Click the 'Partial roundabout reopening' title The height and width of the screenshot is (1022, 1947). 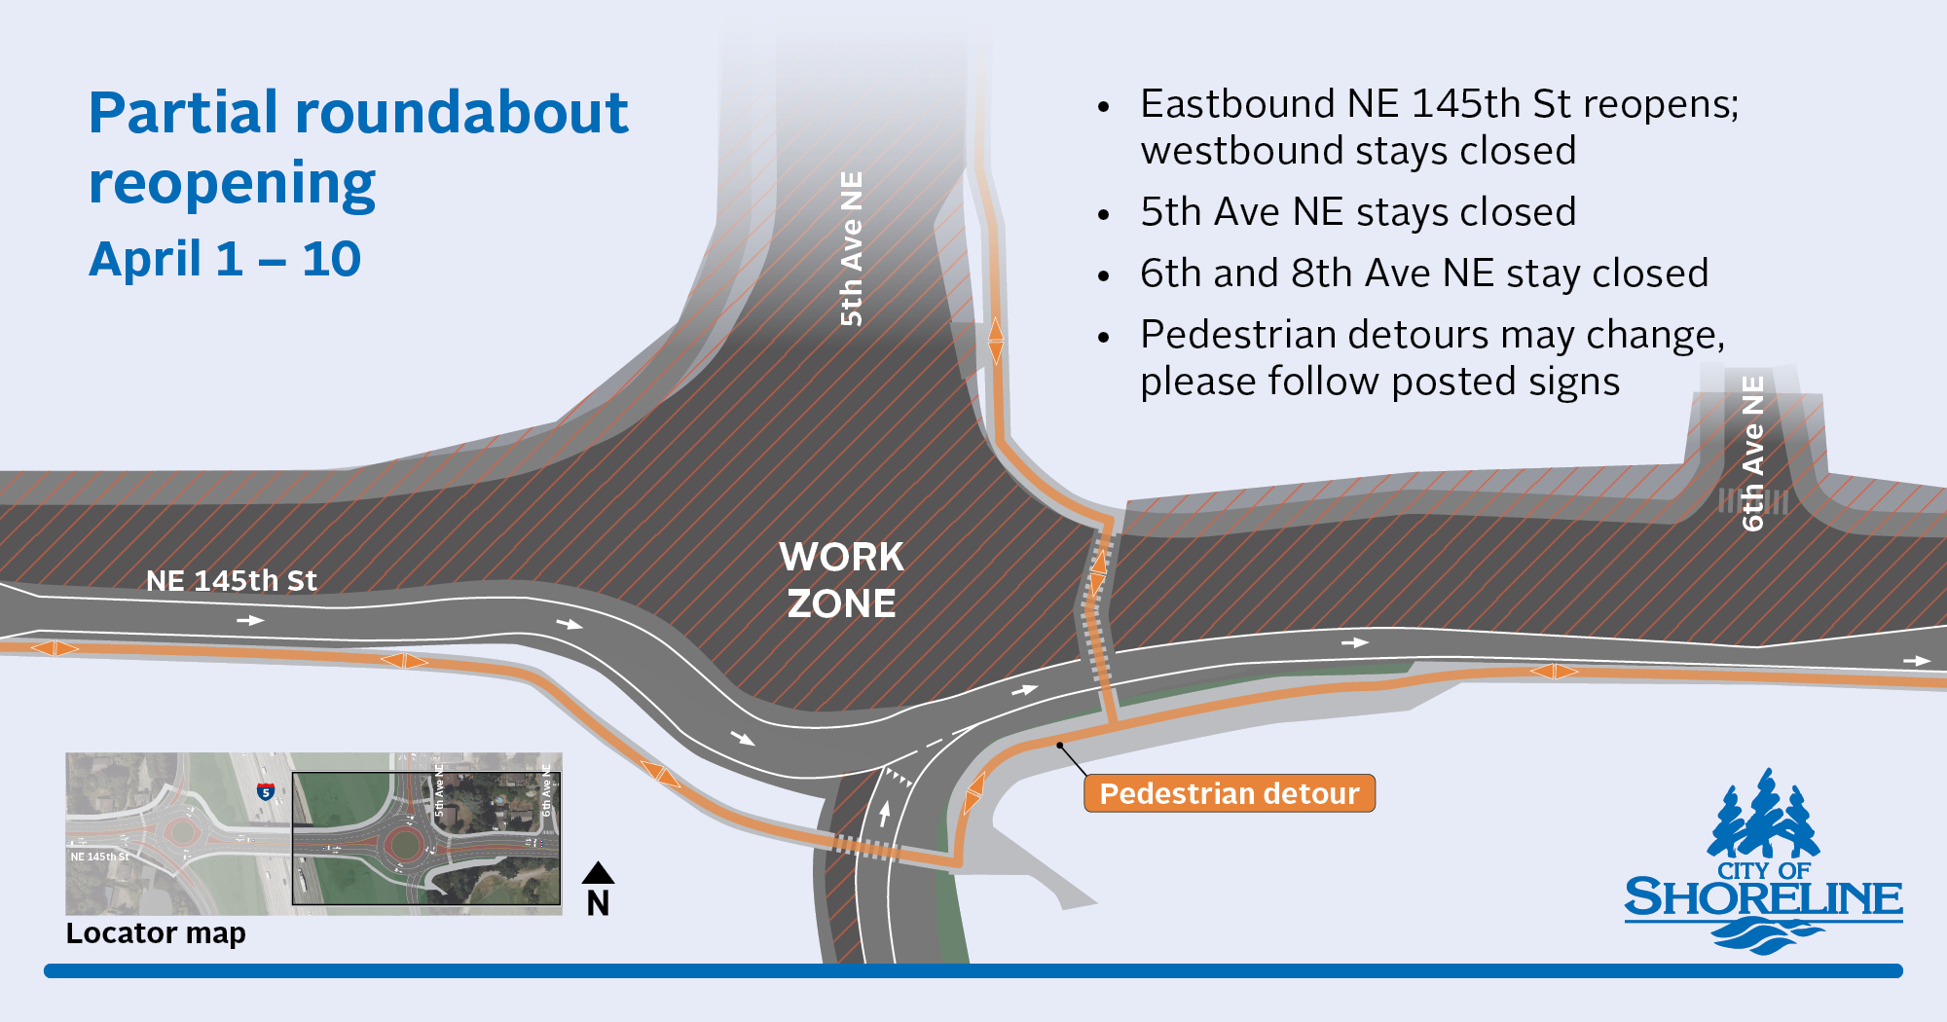358,148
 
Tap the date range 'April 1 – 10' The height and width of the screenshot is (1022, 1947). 225,259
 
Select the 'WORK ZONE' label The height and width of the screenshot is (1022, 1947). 841,580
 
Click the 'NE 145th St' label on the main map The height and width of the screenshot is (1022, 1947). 232,581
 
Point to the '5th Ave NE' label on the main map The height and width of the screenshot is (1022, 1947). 851,248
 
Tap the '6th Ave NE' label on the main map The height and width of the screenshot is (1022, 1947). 1752,454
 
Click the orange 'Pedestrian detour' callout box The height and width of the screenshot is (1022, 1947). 1230,793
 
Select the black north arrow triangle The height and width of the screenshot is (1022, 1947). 598,872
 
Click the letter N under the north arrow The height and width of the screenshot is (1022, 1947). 598,903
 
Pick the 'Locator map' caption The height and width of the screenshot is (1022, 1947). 156,932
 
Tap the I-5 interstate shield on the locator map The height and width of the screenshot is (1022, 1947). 265,791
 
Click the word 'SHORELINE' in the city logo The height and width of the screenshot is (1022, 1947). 1763,898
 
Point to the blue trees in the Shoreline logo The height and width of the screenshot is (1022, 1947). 1763,814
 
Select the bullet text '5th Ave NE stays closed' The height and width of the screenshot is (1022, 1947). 1358,212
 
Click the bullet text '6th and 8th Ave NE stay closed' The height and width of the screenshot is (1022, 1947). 1424,274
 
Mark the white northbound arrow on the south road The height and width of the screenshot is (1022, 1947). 884,813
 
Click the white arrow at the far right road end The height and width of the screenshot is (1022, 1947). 1917,661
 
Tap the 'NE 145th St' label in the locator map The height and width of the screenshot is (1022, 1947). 99,857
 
